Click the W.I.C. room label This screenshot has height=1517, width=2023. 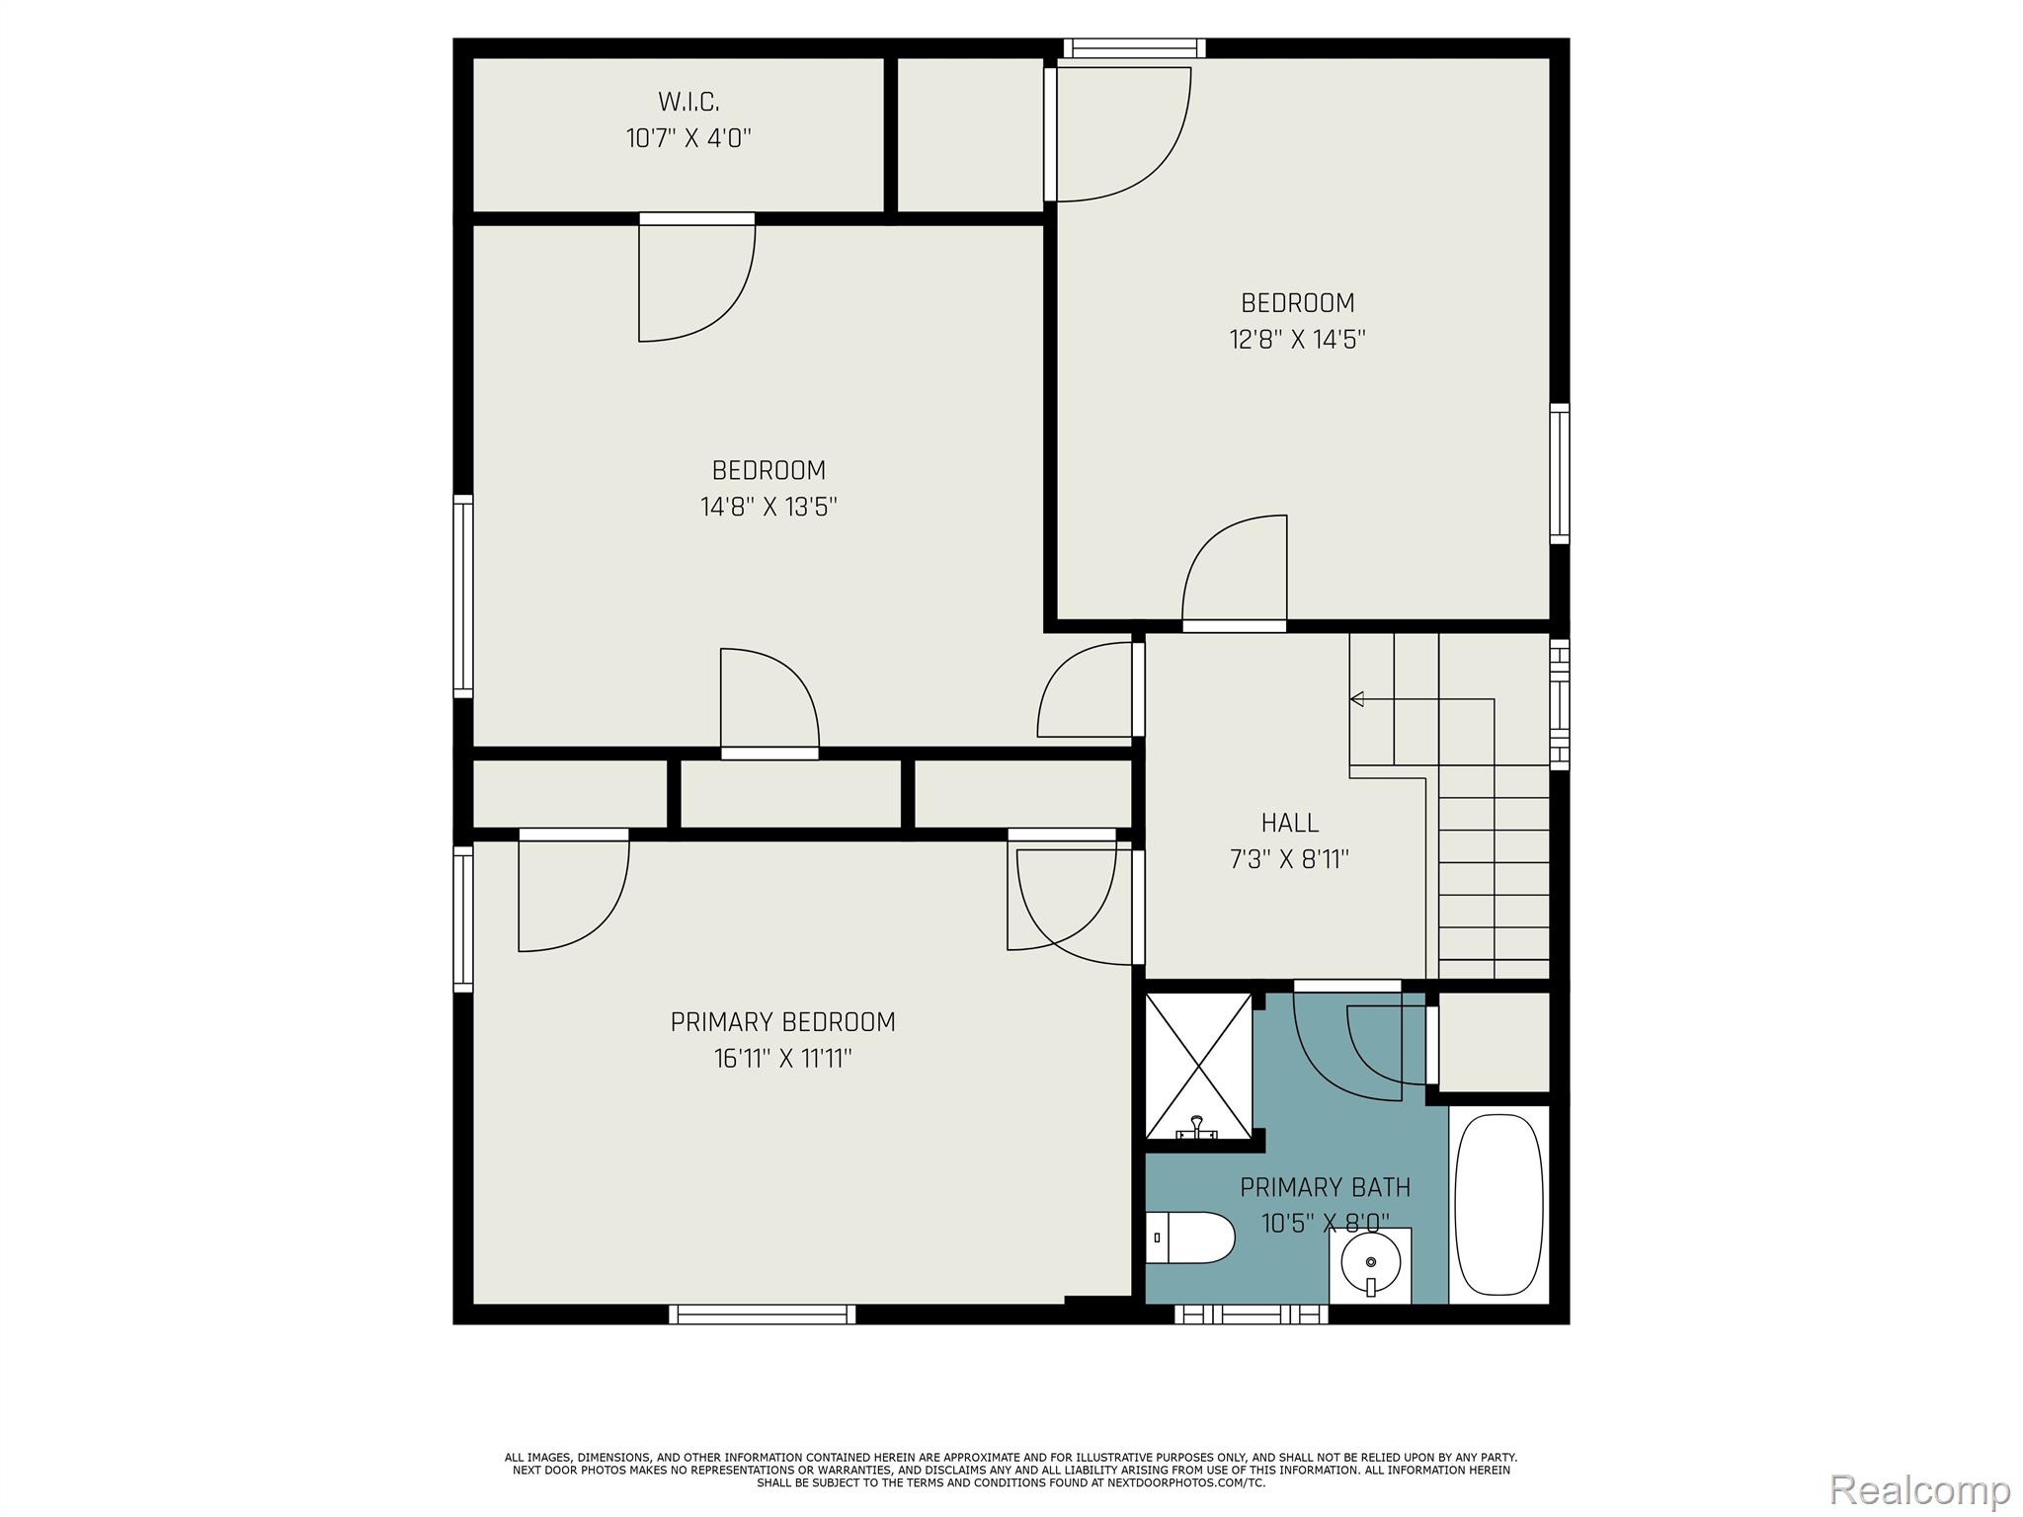pos(688,101)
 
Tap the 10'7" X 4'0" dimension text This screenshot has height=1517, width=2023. pos(688,138)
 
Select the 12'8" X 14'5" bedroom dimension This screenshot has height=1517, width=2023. pos(1297,340)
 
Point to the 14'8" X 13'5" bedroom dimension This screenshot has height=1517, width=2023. pos(769,508)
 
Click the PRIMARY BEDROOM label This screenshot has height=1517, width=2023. pos(782,1022)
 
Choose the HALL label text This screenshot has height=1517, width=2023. pos(1289,823)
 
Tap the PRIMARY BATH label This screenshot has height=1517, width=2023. pos(1325,1187)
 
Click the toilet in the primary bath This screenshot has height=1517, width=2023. pos(1190,1238)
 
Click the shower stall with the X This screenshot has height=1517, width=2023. pos(1198,1066)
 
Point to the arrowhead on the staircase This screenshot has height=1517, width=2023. pos(1357,699)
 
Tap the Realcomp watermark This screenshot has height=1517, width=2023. pos(1919,1488)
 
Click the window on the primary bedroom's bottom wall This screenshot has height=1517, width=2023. pos(763,1314)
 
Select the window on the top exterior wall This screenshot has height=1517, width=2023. pos(1134,47)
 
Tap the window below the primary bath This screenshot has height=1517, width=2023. pos(1252,1314)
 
